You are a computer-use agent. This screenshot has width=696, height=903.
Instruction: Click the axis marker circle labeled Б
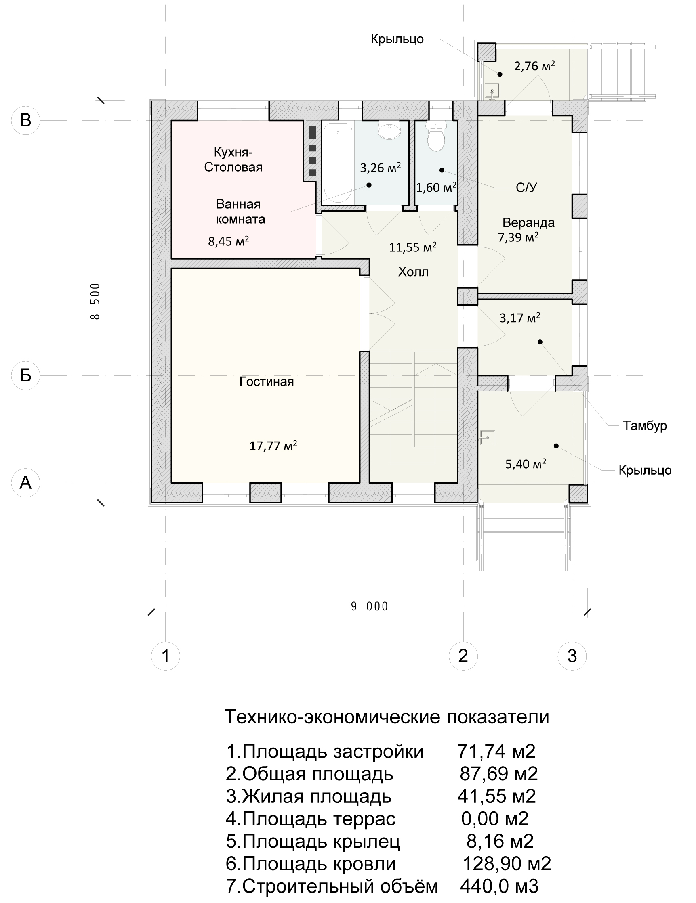coord(26,375)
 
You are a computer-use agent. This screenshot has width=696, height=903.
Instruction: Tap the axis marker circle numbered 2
coord(463,655)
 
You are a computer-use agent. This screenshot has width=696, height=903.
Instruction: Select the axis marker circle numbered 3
coord(572,655)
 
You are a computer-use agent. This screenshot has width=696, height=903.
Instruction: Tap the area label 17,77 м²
coord(273,446)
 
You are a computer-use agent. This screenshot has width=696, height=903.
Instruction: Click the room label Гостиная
coord(267,381)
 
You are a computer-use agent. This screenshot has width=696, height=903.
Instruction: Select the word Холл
coord(413,272)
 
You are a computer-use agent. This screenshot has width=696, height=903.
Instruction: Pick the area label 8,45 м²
coord(228,241)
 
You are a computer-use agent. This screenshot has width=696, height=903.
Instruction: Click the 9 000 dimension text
coord(369,607)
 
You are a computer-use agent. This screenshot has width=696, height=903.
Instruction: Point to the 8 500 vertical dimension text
coord(95,301)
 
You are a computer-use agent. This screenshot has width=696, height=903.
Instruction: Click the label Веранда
coord(528,223)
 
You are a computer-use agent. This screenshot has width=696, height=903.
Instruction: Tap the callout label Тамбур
coord(645,425)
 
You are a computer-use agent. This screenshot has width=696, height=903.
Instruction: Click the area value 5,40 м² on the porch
coord(526,464)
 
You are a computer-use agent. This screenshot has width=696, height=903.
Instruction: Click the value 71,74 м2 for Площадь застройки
coord(496,751)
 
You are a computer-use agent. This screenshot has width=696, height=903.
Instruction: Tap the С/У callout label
coord(526,188)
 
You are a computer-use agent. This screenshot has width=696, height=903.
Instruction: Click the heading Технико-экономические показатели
coord(387,717)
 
